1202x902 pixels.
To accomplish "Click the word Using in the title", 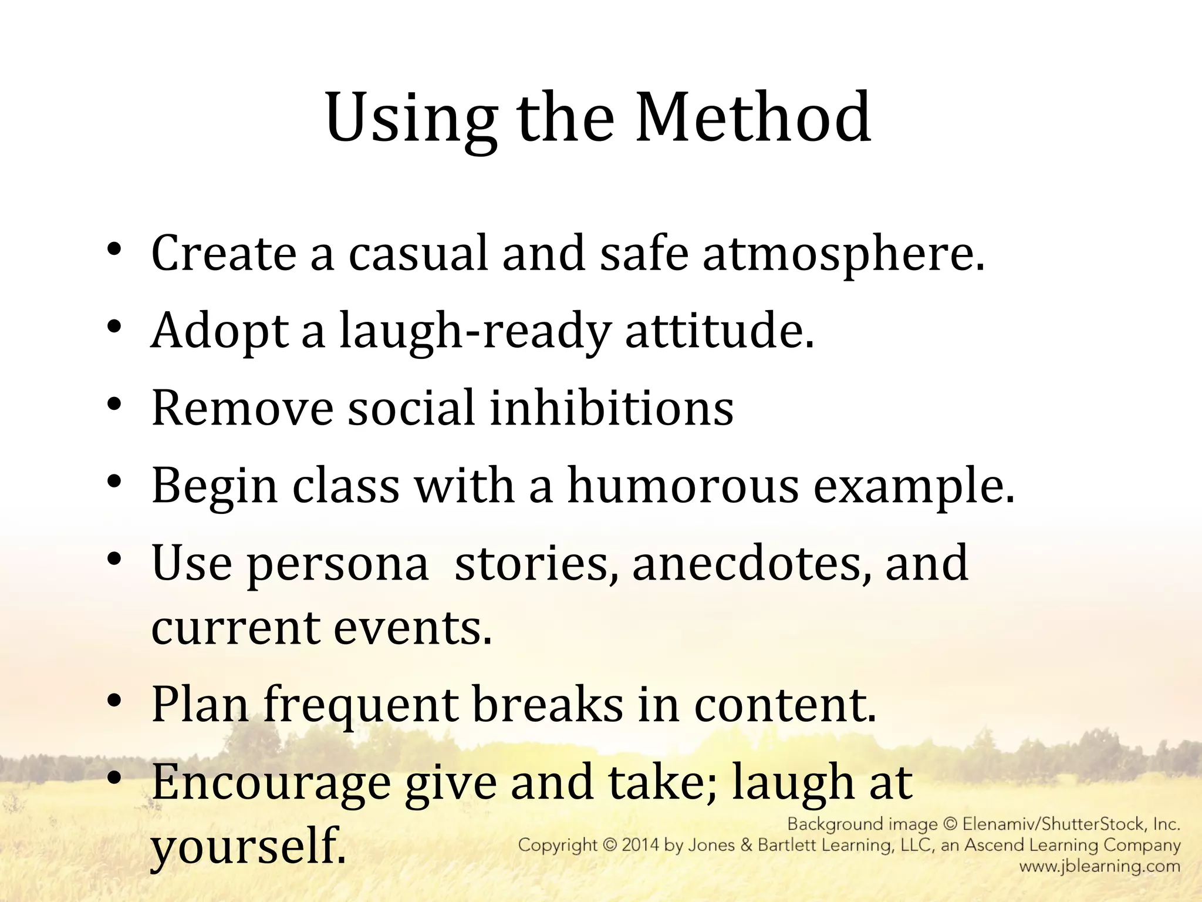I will pos(411,119).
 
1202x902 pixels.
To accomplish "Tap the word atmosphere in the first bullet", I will pos(843,254).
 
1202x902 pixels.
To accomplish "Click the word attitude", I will pos(720,331).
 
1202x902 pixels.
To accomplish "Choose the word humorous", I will pos(683,486).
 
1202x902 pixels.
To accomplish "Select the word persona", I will pos(338,564).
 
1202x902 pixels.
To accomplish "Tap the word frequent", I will pos(360,705).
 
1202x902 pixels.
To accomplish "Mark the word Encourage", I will pos(271,783).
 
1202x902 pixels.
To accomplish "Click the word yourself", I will pos(248,847).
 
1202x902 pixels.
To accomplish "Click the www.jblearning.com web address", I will pos(1099,866).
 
